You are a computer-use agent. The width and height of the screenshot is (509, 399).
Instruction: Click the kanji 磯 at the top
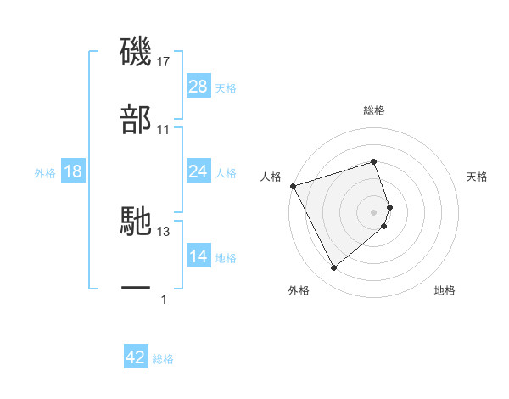click(136, 52)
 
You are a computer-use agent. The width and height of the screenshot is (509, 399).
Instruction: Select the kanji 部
click(136, 120)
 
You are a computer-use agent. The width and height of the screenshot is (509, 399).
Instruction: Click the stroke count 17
click(164, 62)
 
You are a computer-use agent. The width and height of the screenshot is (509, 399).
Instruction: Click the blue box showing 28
click(198, 87)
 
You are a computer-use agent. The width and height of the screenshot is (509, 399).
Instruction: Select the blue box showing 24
click(198, 171)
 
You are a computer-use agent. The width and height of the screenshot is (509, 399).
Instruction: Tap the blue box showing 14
click(198, 256)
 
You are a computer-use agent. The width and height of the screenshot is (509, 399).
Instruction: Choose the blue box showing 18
click(73, 171)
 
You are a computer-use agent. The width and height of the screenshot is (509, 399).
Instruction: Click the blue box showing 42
click(136, 357)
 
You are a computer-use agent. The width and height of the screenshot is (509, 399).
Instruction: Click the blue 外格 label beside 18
click(45, 172)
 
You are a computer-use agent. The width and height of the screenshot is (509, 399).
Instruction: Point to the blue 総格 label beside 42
click(163, 359)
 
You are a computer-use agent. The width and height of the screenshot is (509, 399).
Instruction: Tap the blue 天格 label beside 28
click(226, 87)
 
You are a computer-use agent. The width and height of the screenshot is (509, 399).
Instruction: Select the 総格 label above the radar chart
click(374, 110)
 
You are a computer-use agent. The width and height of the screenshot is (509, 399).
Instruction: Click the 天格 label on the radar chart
click(478, 177)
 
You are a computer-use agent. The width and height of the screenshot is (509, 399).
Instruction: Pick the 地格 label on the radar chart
click(445, 290)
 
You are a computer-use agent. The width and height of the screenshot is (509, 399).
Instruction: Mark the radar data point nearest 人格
click(293, 185)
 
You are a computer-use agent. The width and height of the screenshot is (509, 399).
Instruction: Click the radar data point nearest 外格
click(333, 268)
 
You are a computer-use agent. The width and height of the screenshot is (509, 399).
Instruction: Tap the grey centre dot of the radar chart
click(374, 211)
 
